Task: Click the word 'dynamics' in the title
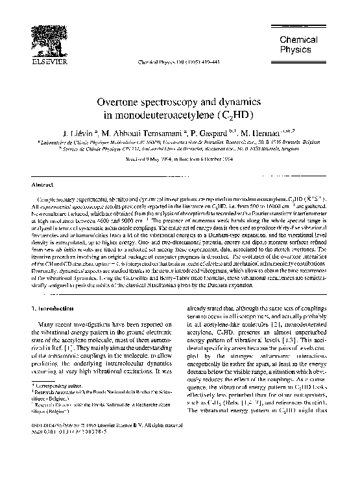pos(237,104)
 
